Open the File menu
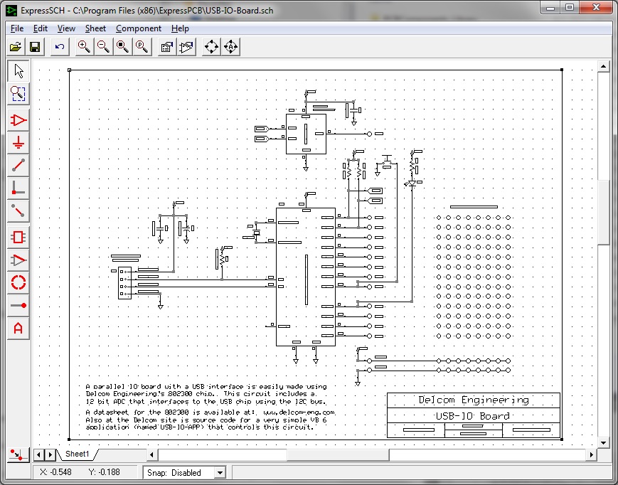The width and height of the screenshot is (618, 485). tap(17, 28)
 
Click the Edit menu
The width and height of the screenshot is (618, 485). tap(41, 28)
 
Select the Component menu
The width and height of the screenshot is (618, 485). tap(139, 28)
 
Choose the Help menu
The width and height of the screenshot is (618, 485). tap(181, 28)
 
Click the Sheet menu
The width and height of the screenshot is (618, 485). tap(95, 28)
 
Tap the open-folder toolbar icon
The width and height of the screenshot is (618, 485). tap(16, 47)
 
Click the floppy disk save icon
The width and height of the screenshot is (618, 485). tap(35, 47)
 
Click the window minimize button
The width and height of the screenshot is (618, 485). tap(548, 7)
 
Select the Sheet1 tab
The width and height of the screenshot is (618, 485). tap(78, 454)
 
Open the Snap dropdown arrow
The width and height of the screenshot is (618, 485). tap(220, 473)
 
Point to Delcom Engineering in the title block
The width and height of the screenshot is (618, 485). tap(473, 400)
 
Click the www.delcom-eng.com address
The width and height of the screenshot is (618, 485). tap(299, 412)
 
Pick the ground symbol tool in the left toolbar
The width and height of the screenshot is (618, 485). tap(18, 143)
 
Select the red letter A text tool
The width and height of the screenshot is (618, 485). tap(18, 329)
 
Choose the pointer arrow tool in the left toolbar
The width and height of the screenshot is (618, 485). tap(18, 70)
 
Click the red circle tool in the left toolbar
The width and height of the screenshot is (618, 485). tap(18, 282)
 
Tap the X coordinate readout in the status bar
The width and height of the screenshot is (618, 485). tap(55, 473)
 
